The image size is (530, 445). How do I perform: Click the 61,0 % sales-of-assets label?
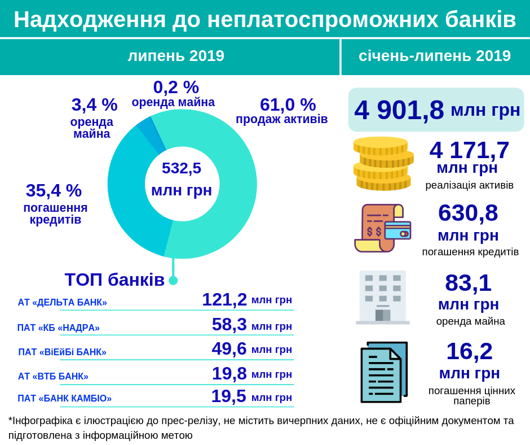coord(288,105)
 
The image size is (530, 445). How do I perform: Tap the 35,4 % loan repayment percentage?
coord(54,191)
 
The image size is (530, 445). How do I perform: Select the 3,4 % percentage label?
coord(94,105)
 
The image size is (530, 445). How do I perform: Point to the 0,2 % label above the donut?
coord(176,88)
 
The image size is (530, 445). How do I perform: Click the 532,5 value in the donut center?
coord(182,168)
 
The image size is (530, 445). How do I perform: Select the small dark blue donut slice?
coord(151,134)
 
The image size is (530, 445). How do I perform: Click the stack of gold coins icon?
coord(383,164)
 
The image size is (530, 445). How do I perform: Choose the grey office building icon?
coord(383,297)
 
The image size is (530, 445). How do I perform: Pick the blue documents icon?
coord(383,372)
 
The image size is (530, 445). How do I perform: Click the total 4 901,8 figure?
coord(399,110)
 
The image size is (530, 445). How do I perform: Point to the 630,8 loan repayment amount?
coord(468,213)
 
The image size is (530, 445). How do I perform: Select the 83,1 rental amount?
coord(468,283)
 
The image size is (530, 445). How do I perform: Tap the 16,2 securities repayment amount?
coord(469,351)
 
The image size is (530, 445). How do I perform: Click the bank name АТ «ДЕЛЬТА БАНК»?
coord(62,302)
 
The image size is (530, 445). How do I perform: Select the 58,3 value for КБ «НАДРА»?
coord(229,325)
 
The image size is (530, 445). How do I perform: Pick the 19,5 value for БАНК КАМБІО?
coord(228,396)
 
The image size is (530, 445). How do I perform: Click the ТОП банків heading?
coord(114,280)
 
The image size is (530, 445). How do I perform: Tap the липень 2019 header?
coord(176,56)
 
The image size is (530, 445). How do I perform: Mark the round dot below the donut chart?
coord(173,280)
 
